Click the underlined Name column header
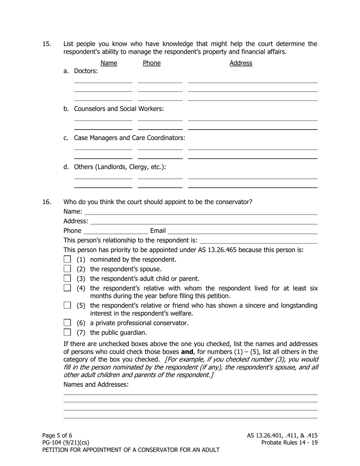point(109,63)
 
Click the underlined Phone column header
point(152,63)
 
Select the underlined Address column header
point(241,63)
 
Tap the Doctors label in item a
point(86,71)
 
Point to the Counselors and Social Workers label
point(119,109)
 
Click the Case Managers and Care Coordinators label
point(129,138)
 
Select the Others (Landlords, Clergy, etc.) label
point(120,167)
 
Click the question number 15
point(47,44)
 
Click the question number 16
point(47,202)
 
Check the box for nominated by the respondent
point(67,260)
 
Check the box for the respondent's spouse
point(67,269)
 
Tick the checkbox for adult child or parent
point(67,278)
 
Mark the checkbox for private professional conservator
point(67,323)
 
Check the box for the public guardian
point(67,332)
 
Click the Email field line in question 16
point(243,231)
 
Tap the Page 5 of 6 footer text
point(57,435)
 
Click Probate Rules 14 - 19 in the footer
point(290,443)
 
